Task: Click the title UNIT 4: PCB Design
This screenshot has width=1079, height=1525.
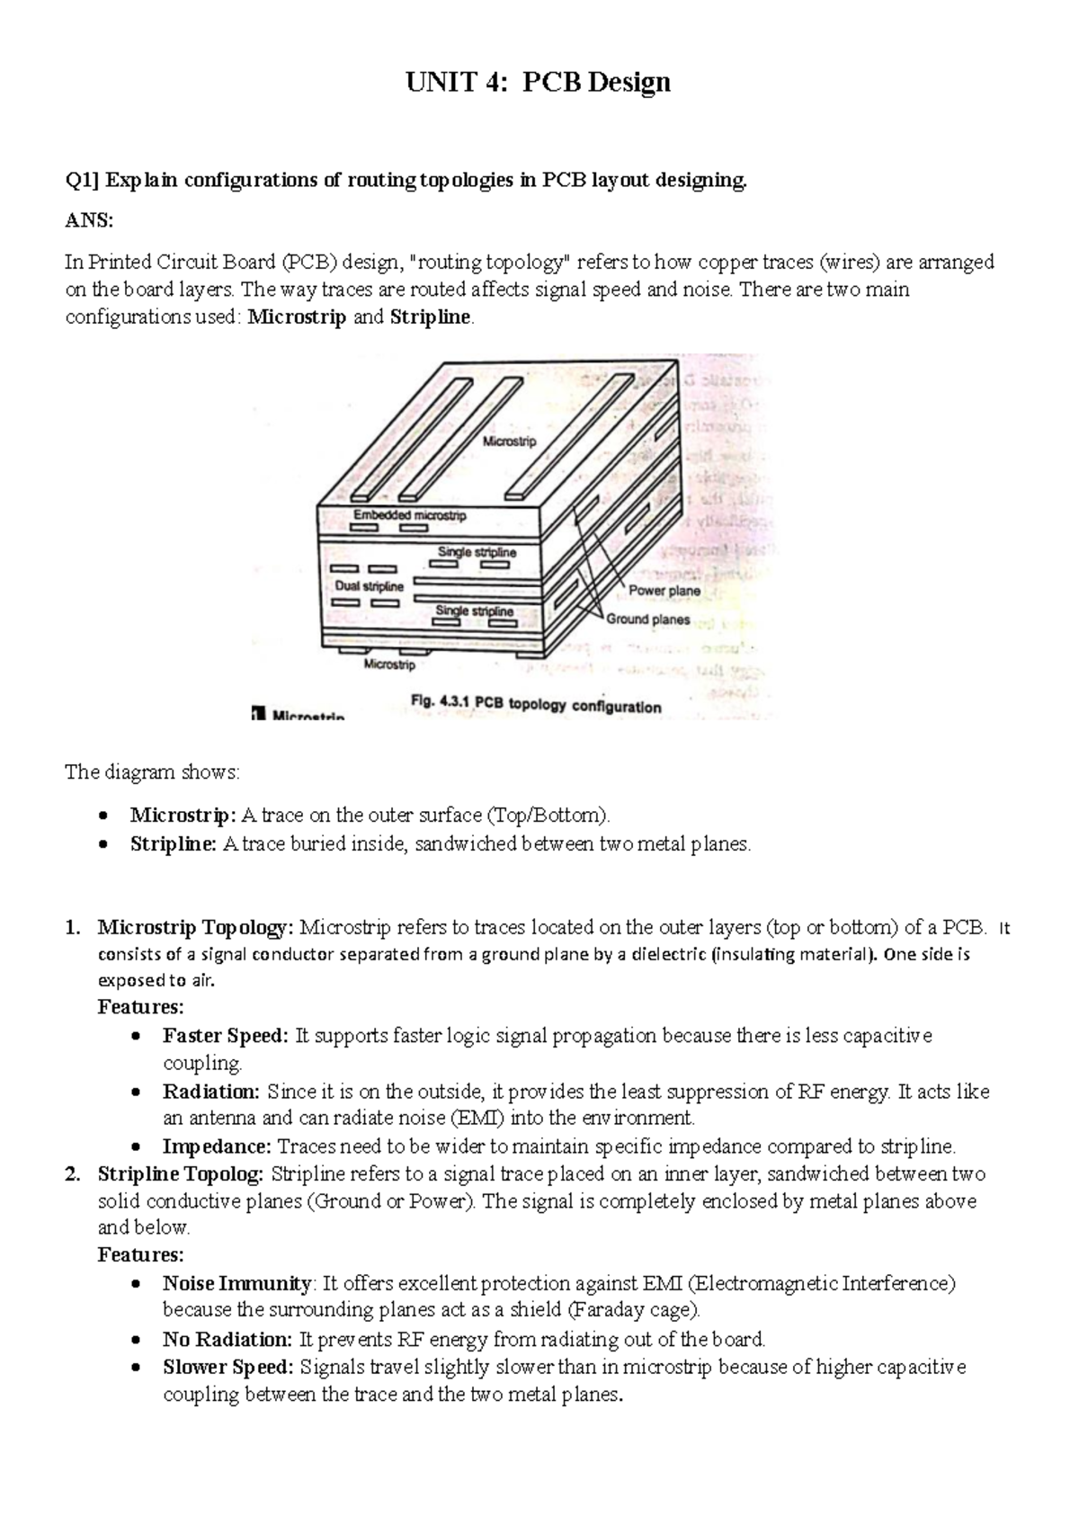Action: [x=538, y=83]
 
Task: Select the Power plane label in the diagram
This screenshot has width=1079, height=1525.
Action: [x=664, y=591]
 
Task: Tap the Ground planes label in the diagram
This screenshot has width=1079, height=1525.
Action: [x=647, y=619]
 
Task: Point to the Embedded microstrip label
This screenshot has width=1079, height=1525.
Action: [x=409, y=515]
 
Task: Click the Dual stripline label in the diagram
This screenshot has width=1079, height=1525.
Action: [x=369, y=586]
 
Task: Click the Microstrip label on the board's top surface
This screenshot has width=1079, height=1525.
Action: [x=509, y=441]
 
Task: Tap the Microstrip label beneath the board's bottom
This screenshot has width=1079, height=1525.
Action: [x=389, y=665]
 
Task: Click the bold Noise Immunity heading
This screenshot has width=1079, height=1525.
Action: [x=237, y=1282]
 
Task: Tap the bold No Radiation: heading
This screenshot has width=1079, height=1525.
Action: [x=227, y=1340]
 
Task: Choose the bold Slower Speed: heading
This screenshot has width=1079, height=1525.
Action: [x=227, y=1368]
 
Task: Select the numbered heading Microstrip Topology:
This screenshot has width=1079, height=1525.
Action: [x=195, y=927]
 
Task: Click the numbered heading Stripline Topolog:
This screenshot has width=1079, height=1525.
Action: [x=180, y=1173]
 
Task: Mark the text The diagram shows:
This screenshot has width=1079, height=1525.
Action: [x=153, y=772]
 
